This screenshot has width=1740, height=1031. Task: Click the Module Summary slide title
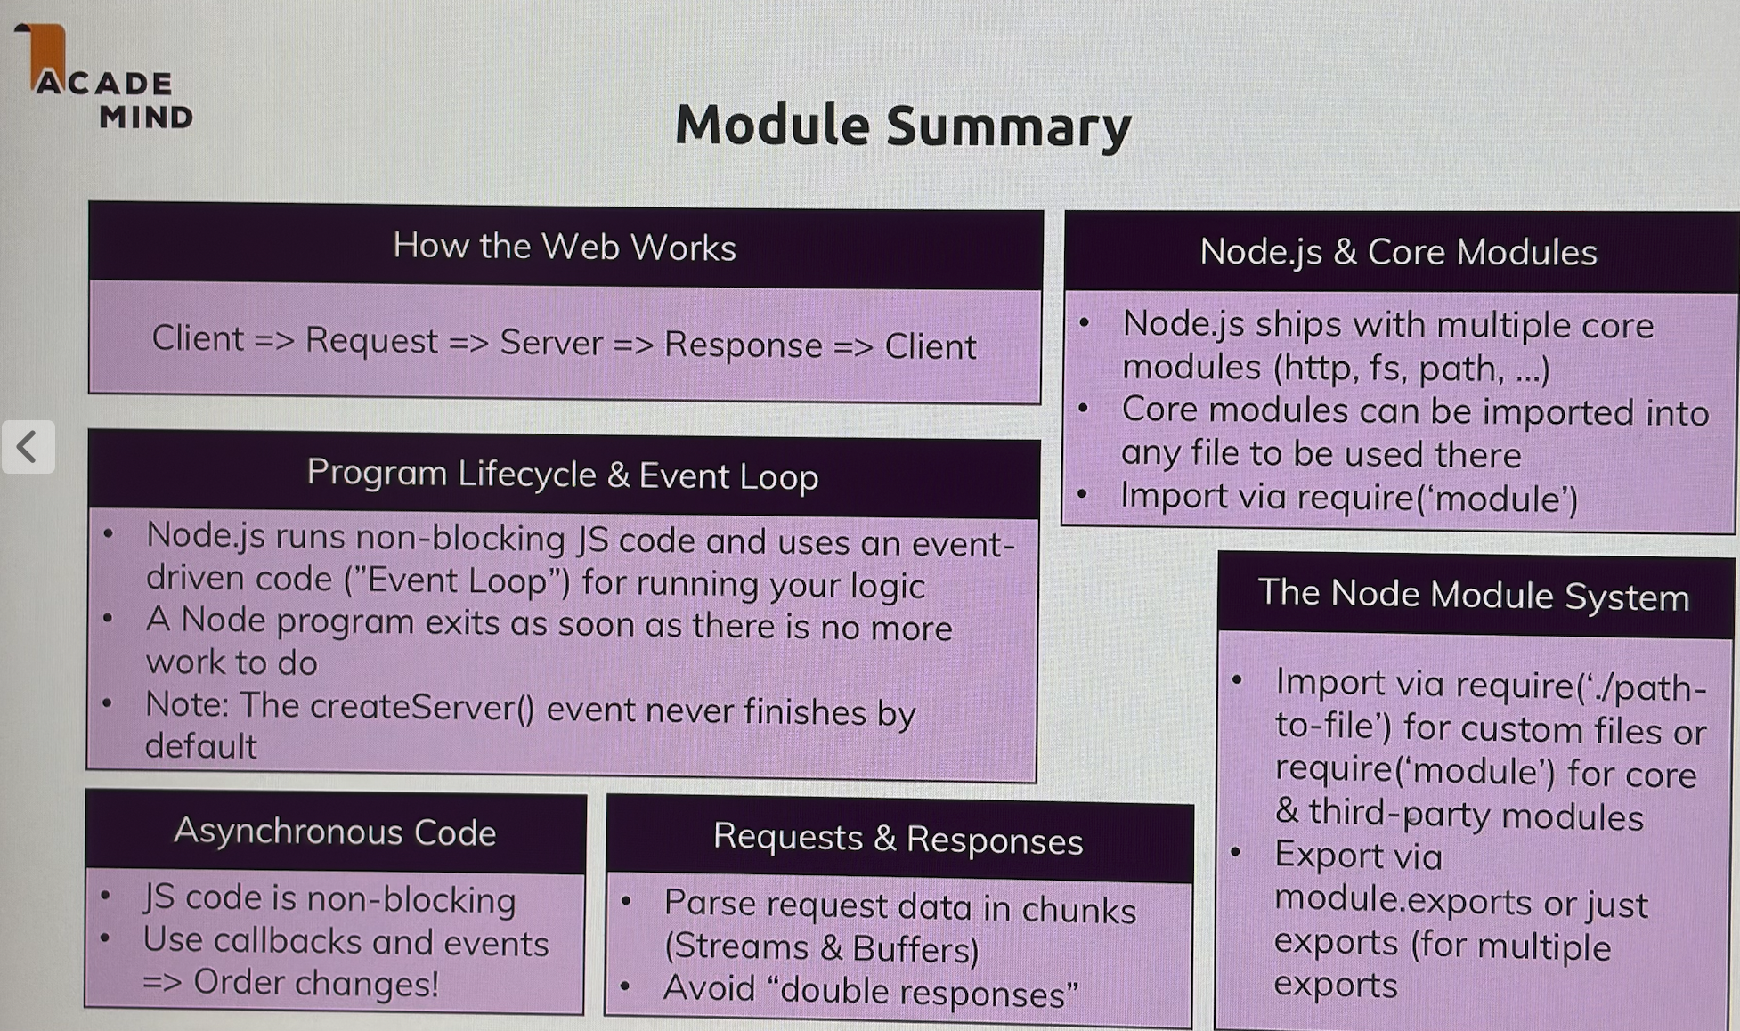point(902,126)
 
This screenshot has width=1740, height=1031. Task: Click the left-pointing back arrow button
point(28,447)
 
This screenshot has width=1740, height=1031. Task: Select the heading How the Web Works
point(564,247)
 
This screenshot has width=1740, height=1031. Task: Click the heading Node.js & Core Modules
point(1397,252)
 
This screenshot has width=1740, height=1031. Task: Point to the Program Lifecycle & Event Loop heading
point(562,475)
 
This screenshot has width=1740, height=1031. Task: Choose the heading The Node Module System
point(1473,595)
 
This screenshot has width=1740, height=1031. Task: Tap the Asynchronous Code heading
point(335,832)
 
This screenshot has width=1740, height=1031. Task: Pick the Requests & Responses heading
point(898,839)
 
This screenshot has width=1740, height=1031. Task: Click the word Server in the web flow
point(550,343)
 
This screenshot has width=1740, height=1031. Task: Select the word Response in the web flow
point(743,345)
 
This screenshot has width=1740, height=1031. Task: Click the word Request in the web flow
point(371,341)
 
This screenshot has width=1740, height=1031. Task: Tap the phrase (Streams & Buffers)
point(821,947)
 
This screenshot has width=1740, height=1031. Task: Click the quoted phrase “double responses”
point(929,991)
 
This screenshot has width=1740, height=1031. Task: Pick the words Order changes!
point(316,983)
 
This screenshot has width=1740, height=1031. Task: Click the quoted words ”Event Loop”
point(457,580)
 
